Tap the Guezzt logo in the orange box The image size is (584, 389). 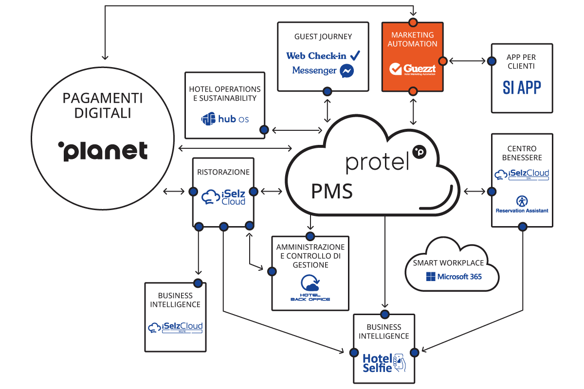(413, 69)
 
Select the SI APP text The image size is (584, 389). (522, 88)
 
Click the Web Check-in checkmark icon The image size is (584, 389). (355, 55)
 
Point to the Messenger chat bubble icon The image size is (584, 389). (347, 71)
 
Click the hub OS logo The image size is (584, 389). (225, 119)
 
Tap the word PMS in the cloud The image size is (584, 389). (332, 191)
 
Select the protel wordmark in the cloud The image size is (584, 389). (377, 163)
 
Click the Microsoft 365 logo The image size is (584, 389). (454, 277)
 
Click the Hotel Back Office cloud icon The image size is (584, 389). (310, 284)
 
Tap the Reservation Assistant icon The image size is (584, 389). (522, 201)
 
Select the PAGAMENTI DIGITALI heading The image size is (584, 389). (102, 106)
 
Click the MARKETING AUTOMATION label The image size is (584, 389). (413, 39)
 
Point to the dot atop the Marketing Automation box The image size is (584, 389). (413, 22)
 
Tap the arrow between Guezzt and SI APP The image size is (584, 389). (467, 61)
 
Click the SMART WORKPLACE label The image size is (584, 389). (448, 263)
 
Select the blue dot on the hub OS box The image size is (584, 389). (264, 130)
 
